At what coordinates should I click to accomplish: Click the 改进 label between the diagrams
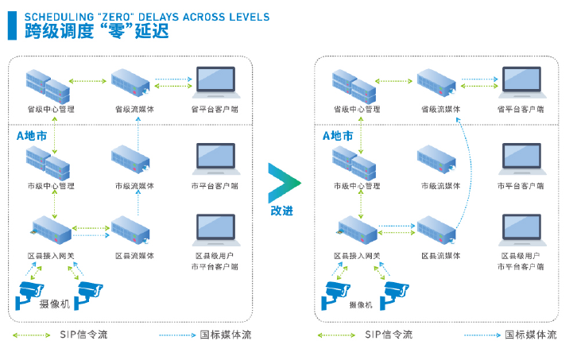[282, 211]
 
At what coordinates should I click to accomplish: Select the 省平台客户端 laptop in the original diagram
[215, 83]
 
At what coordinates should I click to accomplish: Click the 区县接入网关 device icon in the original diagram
[52, 232]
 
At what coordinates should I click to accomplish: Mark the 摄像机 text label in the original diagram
[54, 304]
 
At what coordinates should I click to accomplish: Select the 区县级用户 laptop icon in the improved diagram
[522, 230]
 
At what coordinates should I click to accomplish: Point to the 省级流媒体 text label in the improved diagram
[440, 109]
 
